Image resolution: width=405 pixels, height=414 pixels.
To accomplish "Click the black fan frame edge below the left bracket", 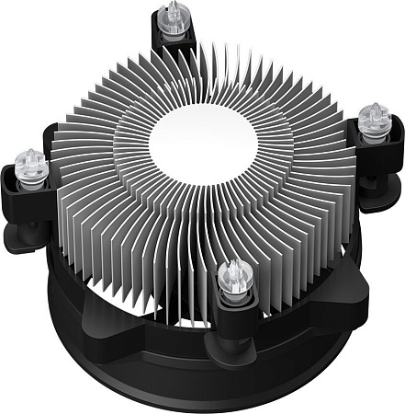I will (x=55, y=276).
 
